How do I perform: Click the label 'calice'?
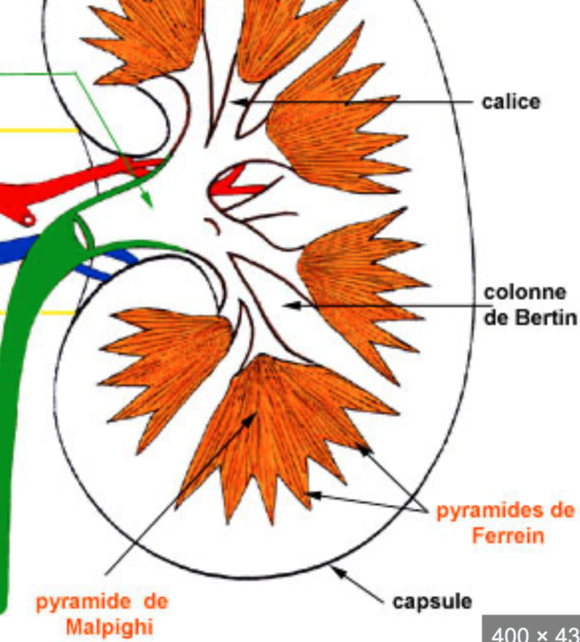511,102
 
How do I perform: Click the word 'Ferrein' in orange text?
507,535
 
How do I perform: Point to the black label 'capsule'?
432,602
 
